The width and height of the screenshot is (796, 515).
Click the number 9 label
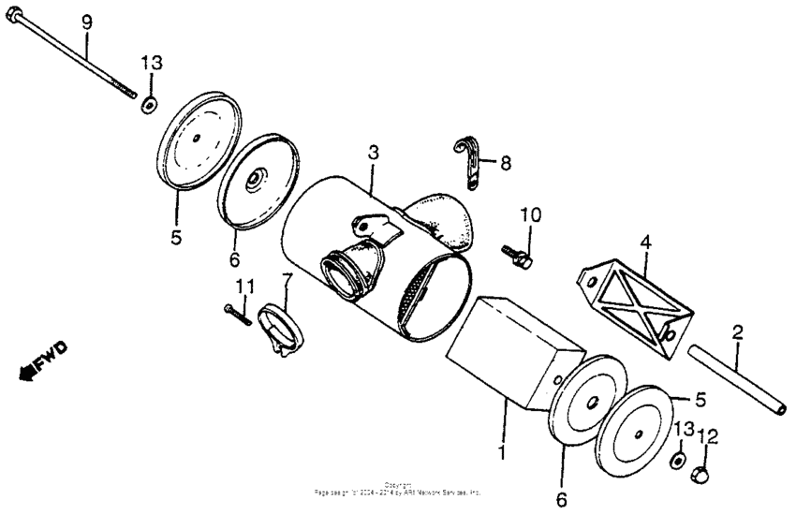tap(87, 21)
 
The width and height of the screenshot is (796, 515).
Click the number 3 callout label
tap(373, 152)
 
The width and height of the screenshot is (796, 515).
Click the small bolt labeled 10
tap(516, 252)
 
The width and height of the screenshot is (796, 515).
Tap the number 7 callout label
tap(287, 280)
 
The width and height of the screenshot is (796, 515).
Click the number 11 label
tap(244, 285)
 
